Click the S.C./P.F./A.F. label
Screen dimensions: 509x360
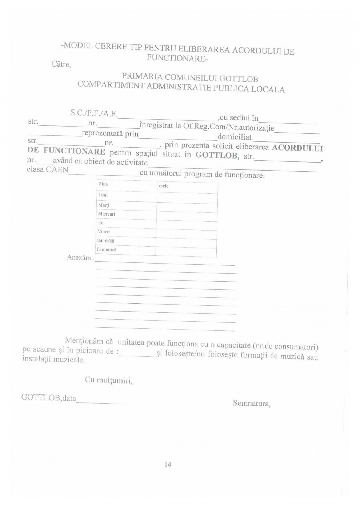click(x=94, y=113)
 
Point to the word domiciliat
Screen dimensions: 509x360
click(x=234, y=137)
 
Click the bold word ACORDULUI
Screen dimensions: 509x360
click(x=297, y=148)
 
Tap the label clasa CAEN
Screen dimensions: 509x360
click(x=47, y=169)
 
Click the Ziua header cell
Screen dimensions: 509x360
click(x=103, y=184)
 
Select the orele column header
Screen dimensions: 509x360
click(x=164, y=186)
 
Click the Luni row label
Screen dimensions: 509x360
click(x=103, y=195)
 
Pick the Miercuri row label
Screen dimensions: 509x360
click(x=107, y=214)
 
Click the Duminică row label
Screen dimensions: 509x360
click(x=107, y=250)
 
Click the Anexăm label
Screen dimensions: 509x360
click(x=80, y=257)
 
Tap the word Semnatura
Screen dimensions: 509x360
click(x=251, y=403)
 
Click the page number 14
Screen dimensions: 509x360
click(x=168, y=464)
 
